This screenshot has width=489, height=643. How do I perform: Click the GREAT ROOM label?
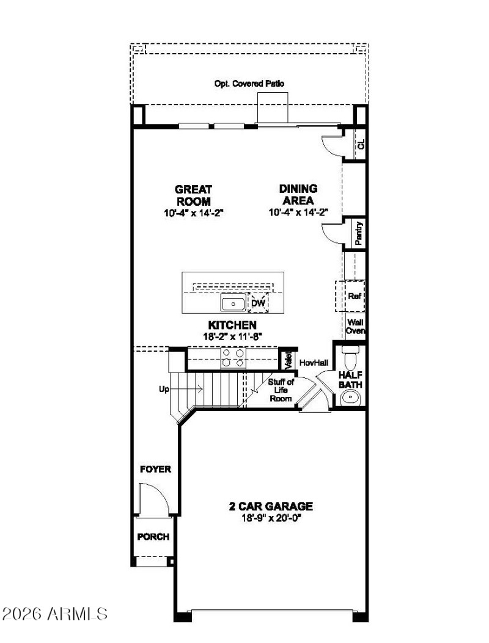tap(193, 195)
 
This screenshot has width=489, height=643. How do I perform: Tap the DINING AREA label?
tap(298, 195)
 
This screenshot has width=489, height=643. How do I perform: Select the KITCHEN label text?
tap(232, 325)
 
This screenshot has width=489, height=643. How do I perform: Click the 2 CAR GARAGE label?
tap(271, 506)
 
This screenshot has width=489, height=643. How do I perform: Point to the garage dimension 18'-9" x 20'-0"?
tap(271, 518)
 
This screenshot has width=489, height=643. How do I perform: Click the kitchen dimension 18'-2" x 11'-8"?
tap(232, 336)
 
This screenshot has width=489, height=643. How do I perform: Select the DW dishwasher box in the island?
tap(258, 303)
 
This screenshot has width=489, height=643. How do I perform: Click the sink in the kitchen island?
tap(233, 303)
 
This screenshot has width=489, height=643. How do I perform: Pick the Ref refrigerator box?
tap(354, 296)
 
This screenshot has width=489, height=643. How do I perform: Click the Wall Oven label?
tap(356, 327)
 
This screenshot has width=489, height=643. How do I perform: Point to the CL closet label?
tap(361, 145)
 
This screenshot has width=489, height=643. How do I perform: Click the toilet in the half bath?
tap(350, 357)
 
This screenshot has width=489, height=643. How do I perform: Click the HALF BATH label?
tap(350, 380)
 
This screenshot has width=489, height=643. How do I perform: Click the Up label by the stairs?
tap(164, 388)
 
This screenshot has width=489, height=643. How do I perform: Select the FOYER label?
tap(155, 470)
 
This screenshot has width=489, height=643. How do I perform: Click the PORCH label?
tap(153, 537)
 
